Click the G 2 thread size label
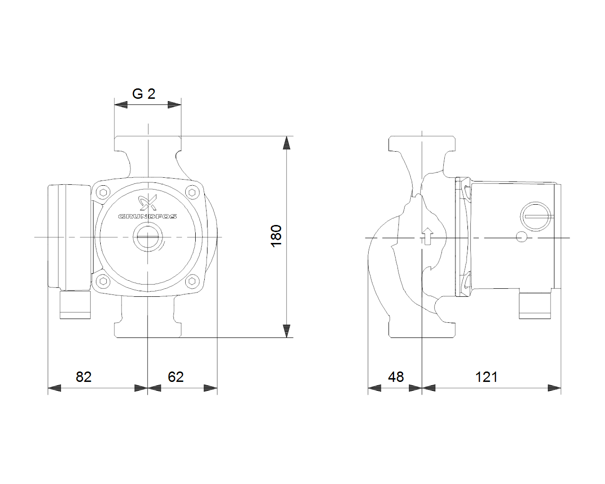point(144,94)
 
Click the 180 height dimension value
point(276,236)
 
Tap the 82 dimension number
point(84,377)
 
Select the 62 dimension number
point(176,377)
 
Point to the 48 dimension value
point(396,377)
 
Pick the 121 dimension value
point(486,377)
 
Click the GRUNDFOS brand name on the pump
point(147,216)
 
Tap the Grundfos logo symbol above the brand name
point(148,203)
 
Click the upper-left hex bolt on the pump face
point(103,193)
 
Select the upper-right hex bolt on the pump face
point(192,193)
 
